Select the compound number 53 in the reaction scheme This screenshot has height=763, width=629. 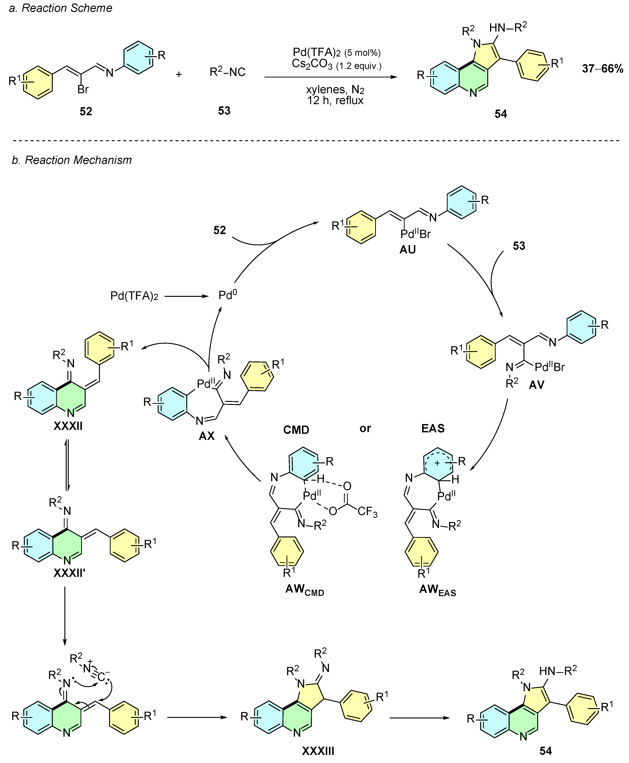tap(224, 111)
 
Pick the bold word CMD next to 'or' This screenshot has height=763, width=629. tap(296, 430)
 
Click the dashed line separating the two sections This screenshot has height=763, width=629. tap(314, 140)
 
